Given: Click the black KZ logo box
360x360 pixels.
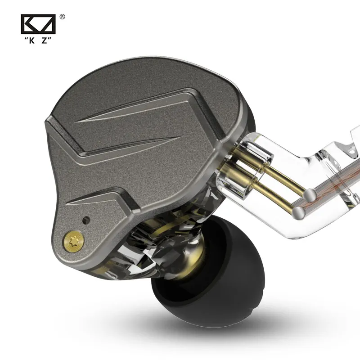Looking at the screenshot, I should [x=38, y=25].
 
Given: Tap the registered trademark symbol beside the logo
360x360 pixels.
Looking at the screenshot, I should [x=62, y=17].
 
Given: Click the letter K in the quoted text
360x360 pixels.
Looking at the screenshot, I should [x=31, y=40].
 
